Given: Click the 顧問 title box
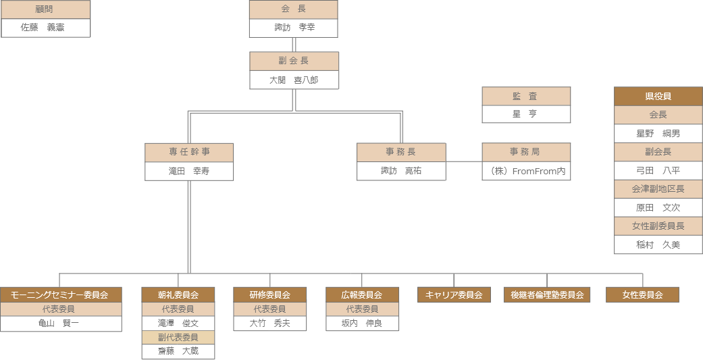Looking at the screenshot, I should [x=45, y=9].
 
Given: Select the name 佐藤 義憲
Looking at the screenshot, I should [x=45, y=28].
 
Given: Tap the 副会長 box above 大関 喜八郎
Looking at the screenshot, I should [x=294, y=61].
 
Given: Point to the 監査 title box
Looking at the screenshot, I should [x=526, y=96].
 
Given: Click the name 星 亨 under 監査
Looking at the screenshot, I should [x=526, y=114].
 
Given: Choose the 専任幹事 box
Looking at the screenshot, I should [x=189, y=152].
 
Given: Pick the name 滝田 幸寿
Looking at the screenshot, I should [x=189, y=171].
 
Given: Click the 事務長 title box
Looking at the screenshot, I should [x=401, y=152].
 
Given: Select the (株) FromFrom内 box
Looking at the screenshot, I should [x=526, y=171].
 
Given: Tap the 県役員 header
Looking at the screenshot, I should [x=658, y=96].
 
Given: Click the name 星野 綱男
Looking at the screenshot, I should [x=658, y=133].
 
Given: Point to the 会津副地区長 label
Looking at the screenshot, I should [x=658, y=189].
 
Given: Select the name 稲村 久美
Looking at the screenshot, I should [x=658, y=245].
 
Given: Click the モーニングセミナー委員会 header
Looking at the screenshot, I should [x=61, y=294].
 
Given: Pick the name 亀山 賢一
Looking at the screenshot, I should [x=61, y=324].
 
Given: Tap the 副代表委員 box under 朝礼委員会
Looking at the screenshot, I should [x=178, y=337].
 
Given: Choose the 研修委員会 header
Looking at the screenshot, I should [x=270, y=294].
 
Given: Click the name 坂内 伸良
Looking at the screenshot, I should [x=363, y=324].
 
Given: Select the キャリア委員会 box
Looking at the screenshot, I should [x=454, y=294].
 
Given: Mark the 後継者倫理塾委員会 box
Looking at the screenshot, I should [x=547, y=294].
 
